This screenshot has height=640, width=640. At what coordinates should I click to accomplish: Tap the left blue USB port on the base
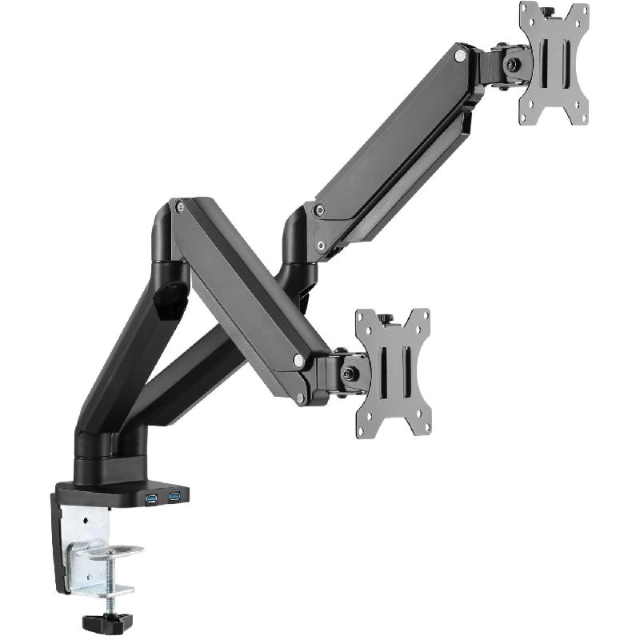click(151, 499)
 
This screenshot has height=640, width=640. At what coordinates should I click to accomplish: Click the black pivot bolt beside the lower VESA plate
click(350, 372)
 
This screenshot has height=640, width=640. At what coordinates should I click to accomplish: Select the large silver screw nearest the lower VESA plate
click(298, 362)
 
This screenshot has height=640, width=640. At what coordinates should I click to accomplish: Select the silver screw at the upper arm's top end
click(459, 56)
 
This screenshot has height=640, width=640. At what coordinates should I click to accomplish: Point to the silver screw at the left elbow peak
click(179, 206)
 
